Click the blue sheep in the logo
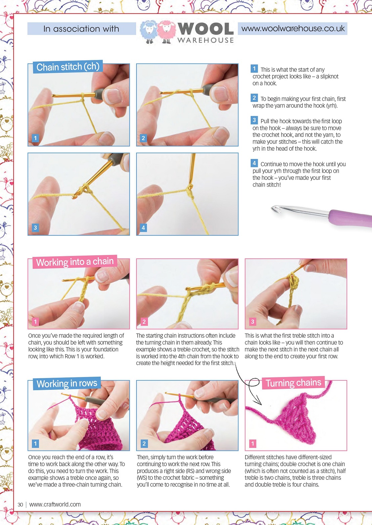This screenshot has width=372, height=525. pyautogui.click(x=149, y=32)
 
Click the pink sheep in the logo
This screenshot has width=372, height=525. pyautogui.click(x=166, y=32)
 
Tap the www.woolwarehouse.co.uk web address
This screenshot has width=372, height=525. pyautogui.click(x=293, y=29)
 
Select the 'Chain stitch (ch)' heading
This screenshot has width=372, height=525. pyautogui.click(x=68, y=67)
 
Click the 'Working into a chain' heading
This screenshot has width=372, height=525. pyautogui.click(x=75, y=262)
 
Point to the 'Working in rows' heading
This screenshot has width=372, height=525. pyautogui.click(x=67, y=383)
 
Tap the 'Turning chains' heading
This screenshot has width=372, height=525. pyautogui.click(x=293, y=383)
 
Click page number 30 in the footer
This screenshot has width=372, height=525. pyautogui.click(x=20, y=505)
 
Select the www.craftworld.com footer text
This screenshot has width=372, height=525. pyautogui.click(x=55, y=505)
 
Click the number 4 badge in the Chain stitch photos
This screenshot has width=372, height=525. pyautogui.click(x=143, y=227)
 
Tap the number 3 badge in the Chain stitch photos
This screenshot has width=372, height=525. pyautogui.click(x=35, y=227)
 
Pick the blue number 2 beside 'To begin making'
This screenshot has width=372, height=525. pyautogui.click(x=254, y=98)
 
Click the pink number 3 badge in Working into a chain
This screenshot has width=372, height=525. pyautogui.click(x=253, y=321)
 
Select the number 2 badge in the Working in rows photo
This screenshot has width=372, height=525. pyautogui.click(x=144, y=443)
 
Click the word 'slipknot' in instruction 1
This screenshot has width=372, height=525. pyautogui.click(x=329, y=76)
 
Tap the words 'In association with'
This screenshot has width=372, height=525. pyautogui.click(x=81, y=29)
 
